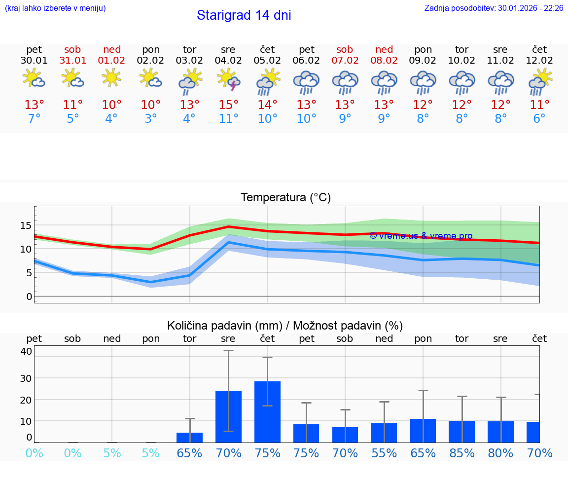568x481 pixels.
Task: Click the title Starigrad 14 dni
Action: point(244,15)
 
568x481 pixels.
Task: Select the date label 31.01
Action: point(72,61)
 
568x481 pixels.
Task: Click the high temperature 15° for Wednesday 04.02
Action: point(228,105)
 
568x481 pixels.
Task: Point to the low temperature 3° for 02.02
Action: point(151,119)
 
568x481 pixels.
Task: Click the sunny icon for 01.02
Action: point(112,78)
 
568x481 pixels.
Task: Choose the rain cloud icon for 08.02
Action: point(384,82)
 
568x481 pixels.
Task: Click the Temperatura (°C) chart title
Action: point(285,198)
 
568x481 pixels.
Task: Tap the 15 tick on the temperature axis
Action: point(26,225)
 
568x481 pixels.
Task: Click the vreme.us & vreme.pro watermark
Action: point(421,236)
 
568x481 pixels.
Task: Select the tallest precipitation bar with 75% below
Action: point(267,411)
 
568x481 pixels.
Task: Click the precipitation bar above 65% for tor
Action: point(190,437)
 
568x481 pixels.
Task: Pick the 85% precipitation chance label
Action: point(462,453)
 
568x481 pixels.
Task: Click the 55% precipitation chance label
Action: point(384,453)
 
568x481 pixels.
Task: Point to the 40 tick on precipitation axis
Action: point(26,351)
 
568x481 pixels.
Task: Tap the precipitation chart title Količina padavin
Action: point(285,326)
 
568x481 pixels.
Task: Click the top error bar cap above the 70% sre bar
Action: point(228,351)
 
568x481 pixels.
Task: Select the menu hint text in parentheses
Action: point(55,8)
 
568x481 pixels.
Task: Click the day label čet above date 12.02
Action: point(539,49)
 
